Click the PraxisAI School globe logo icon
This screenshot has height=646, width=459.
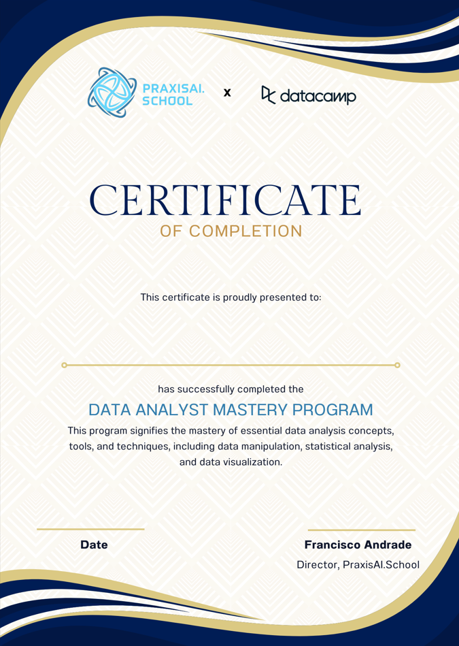coord(113,93)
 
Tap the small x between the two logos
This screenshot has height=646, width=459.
coord(227,92)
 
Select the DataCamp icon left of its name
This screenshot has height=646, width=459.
coord(269,95)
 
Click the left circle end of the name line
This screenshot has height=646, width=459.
coord(65,366)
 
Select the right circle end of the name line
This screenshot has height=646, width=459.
coord(397,366)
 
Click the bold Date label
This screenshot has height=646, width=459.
coord(94,545)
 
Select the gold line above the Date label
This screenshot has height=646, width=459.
coord(90,529)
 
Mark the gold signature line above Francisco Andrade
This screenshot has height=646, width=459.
coord(361,530)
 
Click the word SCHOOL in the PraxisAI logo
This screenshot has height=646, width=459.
coord(168,101)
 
